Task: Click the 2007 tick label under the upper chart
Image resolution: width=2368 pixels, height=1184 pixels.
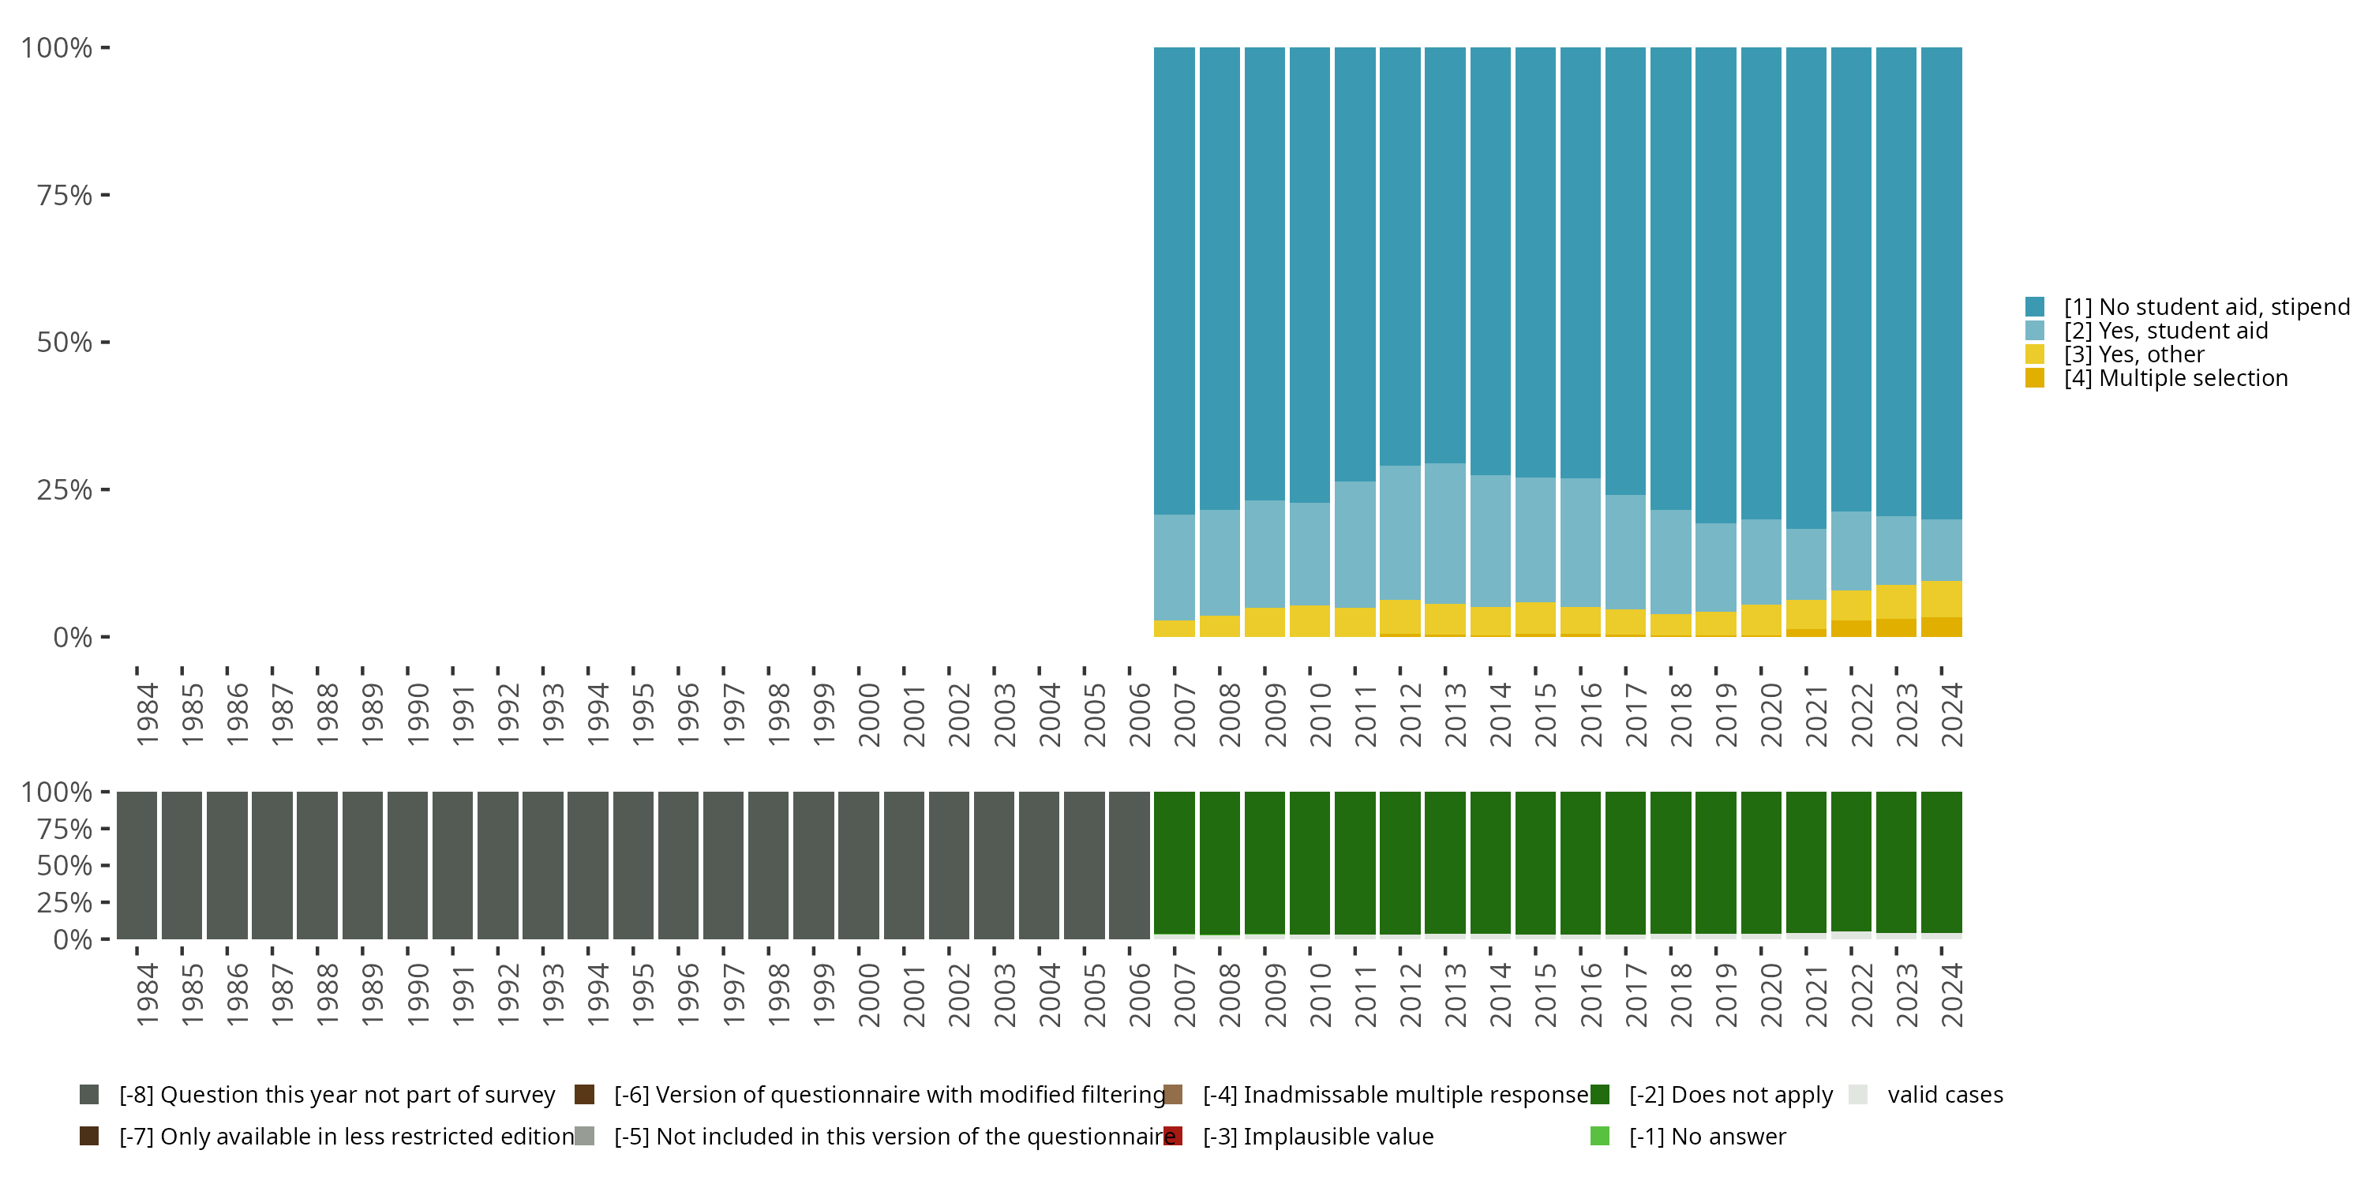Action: [1184, 714]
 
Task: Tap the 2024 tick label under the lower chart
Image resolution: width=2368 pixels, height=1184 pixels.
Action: [1950, 995]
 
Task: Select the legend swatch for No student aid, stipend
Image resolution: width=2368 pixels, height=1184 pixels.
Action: [2034, 307]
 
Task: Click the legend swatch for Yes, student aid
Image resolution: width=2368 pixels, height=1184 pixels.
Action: [2034, 331]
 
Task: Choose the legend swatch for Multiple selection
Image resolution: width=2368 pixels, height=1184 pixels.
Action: [2034, 378]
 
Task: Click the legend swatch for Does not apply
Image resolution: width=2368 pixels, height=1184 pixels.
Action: [1599, 1095]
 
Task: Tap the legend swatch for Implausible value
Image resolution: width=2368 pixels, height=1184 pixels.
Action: [1173, 1136]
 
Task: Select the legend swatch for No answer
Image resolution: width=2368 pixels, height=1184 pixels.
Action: [1599, 1136]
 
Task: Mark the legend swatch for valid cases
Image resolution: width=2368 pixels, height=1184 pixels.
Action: [1858, 1095]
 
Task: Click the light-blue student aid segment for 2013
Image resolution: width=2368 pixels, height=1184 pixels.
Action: [1445, 533]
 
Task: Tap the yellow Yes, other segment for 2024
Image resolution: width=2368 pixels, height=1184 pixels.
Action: [1942, 598]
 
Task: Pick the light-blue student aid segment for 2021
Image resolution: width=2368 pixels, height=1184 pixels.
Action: [1806, 564]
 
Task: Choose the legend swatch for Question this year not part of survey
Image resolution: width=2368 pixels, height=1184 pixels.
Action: [89, 1095]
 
